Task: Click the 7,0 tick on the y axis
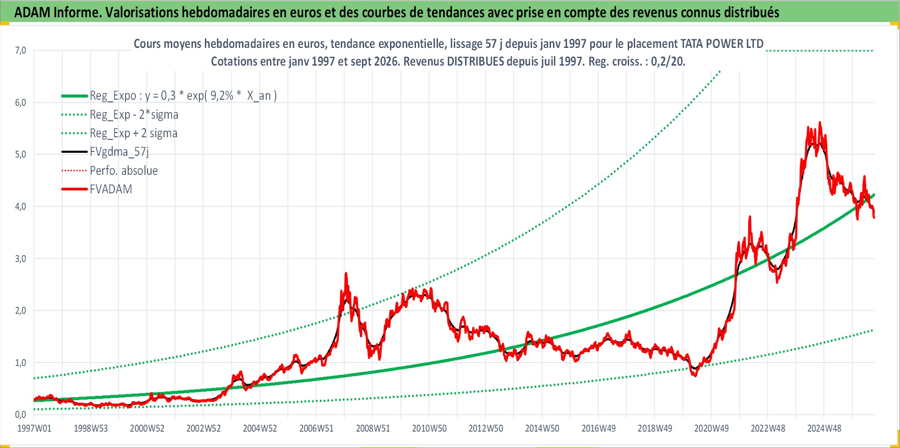pyautogui.click(x=20, y=50)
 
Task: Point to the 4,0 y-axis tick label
pyautogui.click(x=20, y=206)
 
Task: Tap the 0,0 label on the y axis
pyautogui.click(x=20, y=414)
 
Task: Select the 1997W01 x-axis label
pyautogui.click(x=34, y=429)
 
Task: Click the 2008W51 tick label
pyautogui.click(x=373, y=429)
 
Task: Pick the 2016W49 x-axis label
pyautogui.click(x=598, y=429)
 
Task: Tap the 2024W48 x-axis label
pyautogui.click(x=824, y=429)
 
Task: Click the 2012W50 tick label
pyautogui.click(x=486, y=429)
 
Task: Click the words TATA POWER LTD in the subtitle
pyautogui.click(x=722, y=44)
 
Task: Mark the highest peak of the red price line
pyautogui.click(x=820, y=122)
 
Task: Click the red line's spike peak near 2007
pyautogui.click(x=346, y=273)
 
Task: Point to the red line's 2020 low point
pyautogui.click(x=695, y=376)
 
